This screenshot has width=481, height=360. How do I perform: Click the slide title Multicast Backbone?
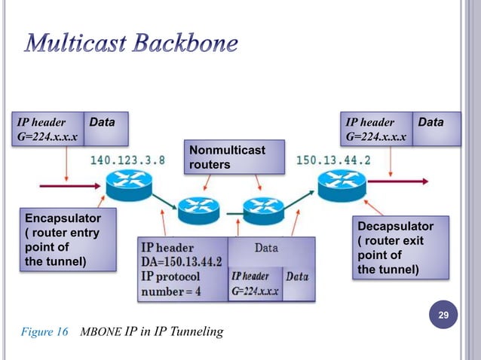tap(133, 44)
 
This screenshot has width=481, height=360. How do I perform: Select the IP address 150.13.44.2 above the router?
tap(333, 160)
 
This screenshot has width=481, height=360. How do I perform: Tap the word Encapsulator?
tap(61, 218)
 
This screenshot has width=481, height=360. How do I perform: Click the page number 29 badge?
tap(443, 313)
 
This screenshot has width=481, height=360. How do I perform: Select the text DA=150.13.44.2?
tap(181, 261)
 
